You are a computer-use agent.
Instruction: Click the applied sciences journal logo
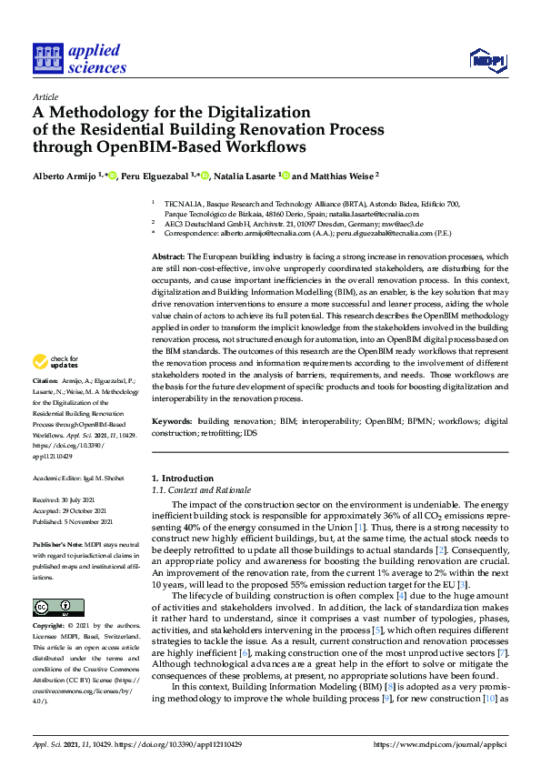(80, 58)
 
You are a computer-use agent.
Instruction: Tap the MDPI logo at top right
(486, 60)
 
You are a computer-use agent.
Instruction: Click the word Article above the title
(45, 96)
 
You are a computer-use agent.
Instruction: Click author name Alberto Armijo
(64, 176)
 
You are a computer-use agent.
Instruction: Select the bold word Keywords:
(172, 422)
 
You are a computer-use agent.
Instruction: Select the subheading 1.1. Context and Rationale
(201, 490)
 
